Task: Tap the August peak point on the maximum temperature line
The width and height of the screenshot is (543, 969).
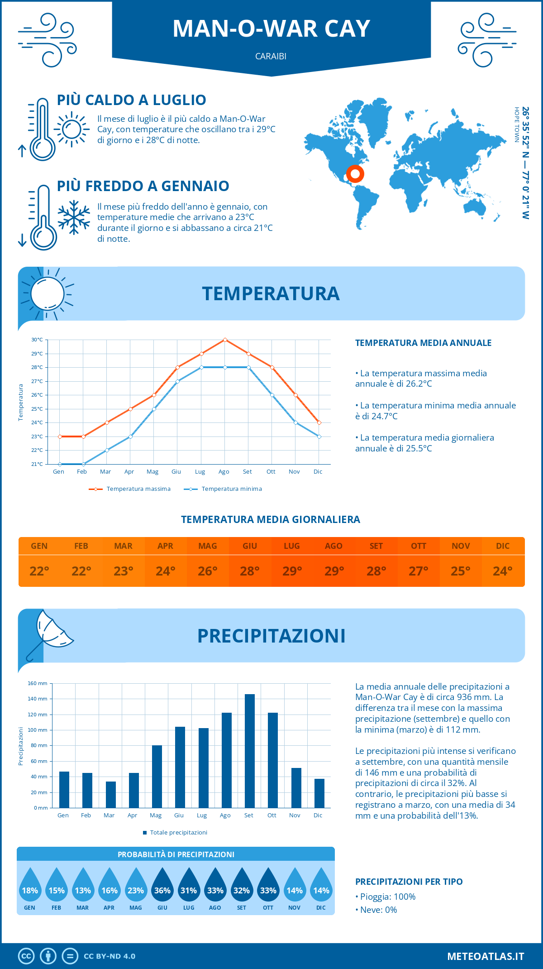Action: tap(225, 340)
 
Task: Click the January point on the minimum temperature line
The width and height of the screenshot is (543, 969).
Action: tap(60, 464)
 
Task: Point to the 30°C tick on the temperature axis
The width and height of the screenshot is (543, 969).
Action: tap(37, 340)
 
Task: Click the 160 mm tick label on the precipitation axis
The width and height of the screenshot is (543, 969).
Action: tap(38, 683)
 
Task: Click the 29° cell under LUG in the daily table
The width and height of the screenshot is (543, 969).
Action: tap(292, 571)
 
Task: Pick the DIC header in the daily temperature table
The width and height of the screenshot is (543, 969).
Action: tap(503, 546)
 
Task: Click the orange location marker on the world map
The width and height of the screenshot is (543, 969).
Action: tap(355, 174)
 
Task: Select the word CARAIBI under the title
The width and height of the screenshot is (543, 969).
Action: tap(271, 56)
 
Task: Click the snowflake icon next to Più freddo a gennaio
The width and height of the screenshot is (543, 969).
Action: tap(74, 217)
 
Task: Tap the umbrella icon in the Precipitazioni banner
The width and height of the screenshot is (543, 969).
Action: tap(50, 634)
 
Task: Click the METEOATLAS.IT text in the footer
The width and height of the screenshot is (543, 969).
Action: tap(486, 956)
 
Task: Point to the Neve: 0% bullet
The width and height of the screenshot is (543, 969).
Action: tap(376, 910)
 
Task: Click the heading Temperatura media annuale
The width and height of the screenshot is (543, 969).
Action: tap(423, 343)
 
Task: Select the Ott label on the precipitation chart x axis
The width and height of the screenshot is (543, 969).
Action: tap(271, 815)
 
